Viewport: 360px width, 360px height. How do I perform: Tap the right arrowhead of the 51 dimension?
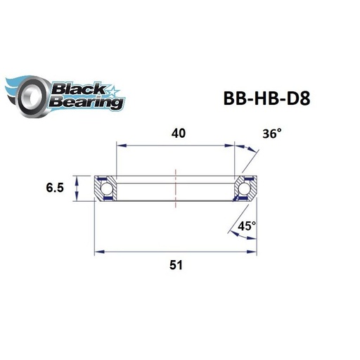253,250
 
